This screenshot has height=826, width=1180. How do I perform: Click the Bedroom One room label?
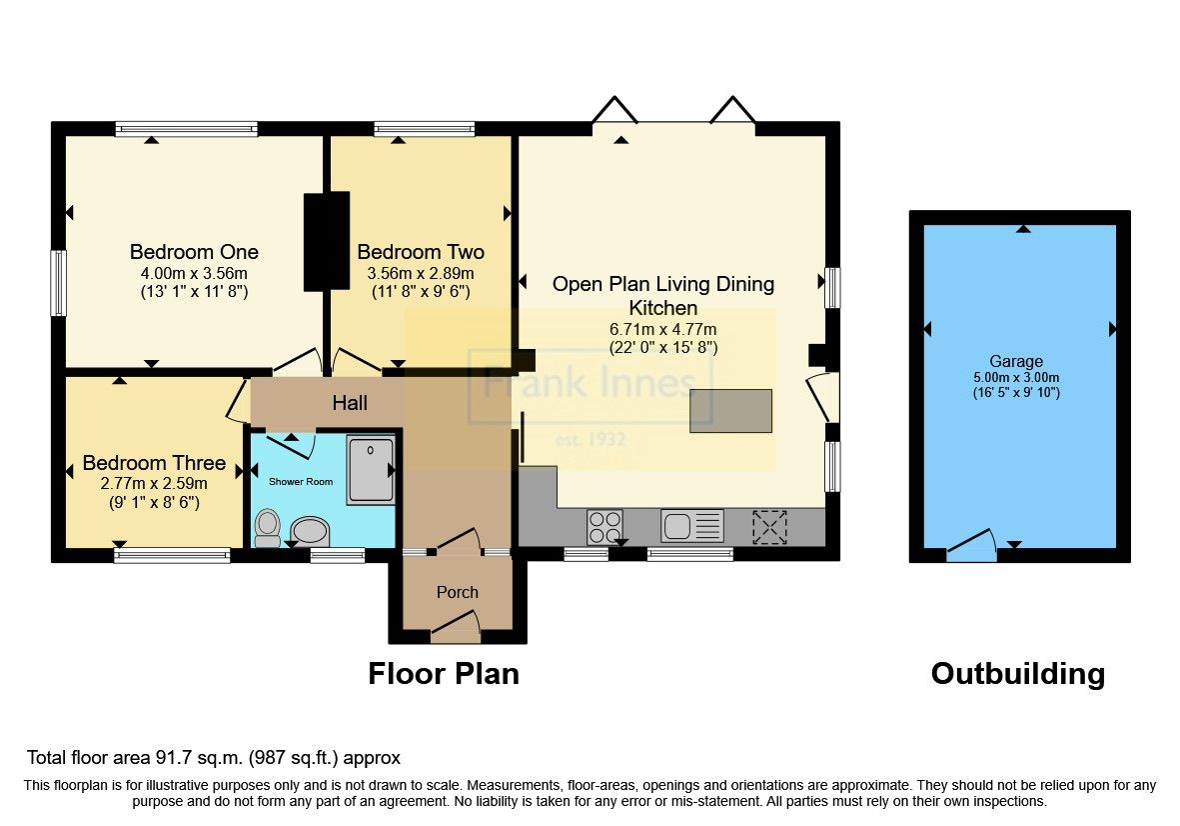tap(194, 252)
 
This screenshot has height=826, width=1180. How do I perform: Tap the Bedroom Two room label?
tap(421, 252)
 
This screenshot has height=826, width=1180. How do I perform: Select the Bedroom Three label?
tap(154, 464)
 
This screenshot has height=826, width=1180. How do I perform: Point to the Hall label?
tap(350, 403)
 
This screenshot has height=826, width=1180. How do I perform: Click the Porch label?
tap(458, 592)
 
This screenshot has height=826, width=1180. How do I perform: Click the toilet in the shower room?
tap(267, 527)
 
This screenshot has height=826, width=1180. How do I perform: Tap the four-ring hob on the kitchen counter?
tap(603, 526)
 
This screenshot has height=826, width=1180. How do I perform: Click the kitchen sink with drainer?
tap(691, 526)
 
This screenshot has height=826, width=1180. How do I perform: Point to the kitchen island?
tap(730, 411)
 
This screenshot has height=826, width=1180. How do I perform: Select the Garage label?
tap(1016, 361)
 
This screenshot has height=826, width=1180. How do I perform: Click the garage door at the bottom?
tap(971, 547)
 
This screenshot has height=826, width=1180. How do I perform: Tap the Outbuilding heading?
tap(1017, 674)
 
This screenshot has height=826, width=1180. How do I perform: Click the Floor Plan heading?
tap(444, 674)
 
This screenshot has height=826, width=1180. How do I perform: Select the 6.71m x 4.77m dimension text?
tap(663, 329)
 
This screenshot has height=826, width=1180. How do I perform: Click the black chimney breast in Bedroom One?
tap(327, 241)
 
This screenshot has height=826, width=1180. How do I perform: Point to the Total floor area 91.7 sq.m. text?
tap(214, 758)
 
